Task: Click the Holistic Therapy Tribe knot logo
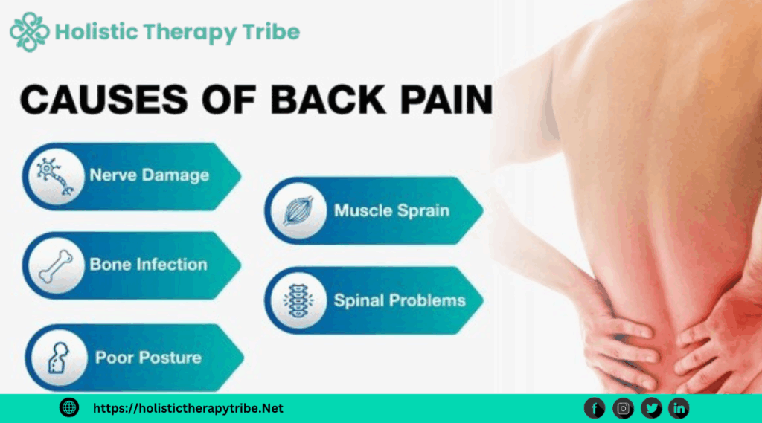pos(29,32)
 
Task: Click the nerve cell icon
pos(54,175)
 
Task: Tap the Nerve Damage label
pos(149,175)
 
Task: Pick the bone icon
pos(54,264)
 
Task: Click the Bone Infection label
pos(148,264)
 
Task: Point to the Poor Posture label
pos(148,358)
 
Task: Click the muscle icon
pos(297,210)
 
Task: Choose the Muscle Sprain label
pos(391,210)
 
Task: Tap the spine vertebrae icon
pos(298,300)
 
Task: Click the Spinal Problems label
pos(400,300)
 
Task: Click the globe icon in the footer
pos(69,407)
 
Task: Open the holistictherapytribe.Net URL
pos(188,408)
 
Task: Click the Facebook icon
pos(594,407)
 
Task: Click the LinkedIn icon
pos(679,407)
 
